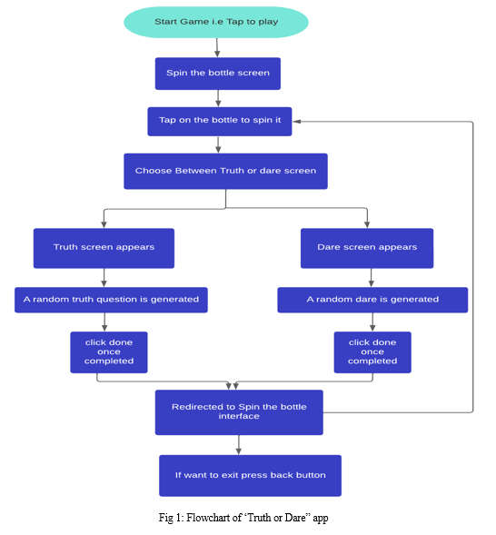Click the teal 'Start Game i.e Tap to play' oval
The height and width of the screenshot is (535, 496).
(216, 22)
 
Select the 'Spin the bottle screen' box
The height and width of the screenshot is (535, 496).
(218, 74)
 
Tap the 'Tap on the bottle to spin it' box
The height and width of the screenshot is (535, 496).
(219, 122)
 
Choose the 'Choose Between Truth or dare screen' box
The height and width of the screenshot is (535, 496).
(225, 172)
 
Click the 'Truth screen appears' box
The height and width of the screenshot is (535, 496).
(104, 248)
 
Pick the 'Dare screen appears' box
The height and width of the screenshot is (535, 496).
(367, 248)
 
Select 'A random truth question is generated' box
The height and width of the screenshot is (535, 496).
(111, 300)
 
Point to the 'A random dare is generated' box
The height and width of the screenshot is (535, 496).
(372, 300)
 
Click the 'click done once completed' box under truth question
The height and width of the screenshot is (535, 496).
(109, 352)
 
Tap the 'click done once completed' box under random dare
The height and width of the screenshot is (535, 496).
(372, 352)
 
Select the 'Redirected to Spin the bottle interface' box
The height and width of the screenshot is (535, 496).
(239, 412)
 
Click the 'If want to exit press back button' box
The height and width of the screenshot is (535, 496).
(250, 476)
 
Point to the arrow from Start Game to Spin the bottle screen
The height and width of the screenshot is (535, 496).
(217, 47)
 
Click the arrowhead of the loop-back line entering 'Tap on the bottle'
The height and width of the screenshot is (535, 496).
(297, 122)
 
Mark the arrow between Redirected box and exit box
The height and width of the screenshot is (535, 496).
(238, 445)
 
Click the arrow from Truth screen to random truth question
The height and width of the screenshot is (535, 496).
(104, 278)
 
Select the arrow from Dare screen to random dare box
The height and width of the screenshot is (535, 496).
(372, 278)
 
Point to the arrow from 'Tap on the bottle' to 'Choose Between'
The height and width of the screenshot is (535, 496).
(218, 144)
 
